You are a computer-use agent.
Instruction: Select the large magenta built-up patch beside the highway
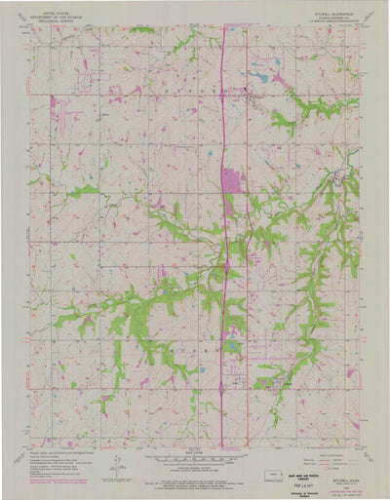coord(232,180)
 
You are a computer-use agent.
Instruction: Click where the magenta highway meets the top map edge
coord(224,26)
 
